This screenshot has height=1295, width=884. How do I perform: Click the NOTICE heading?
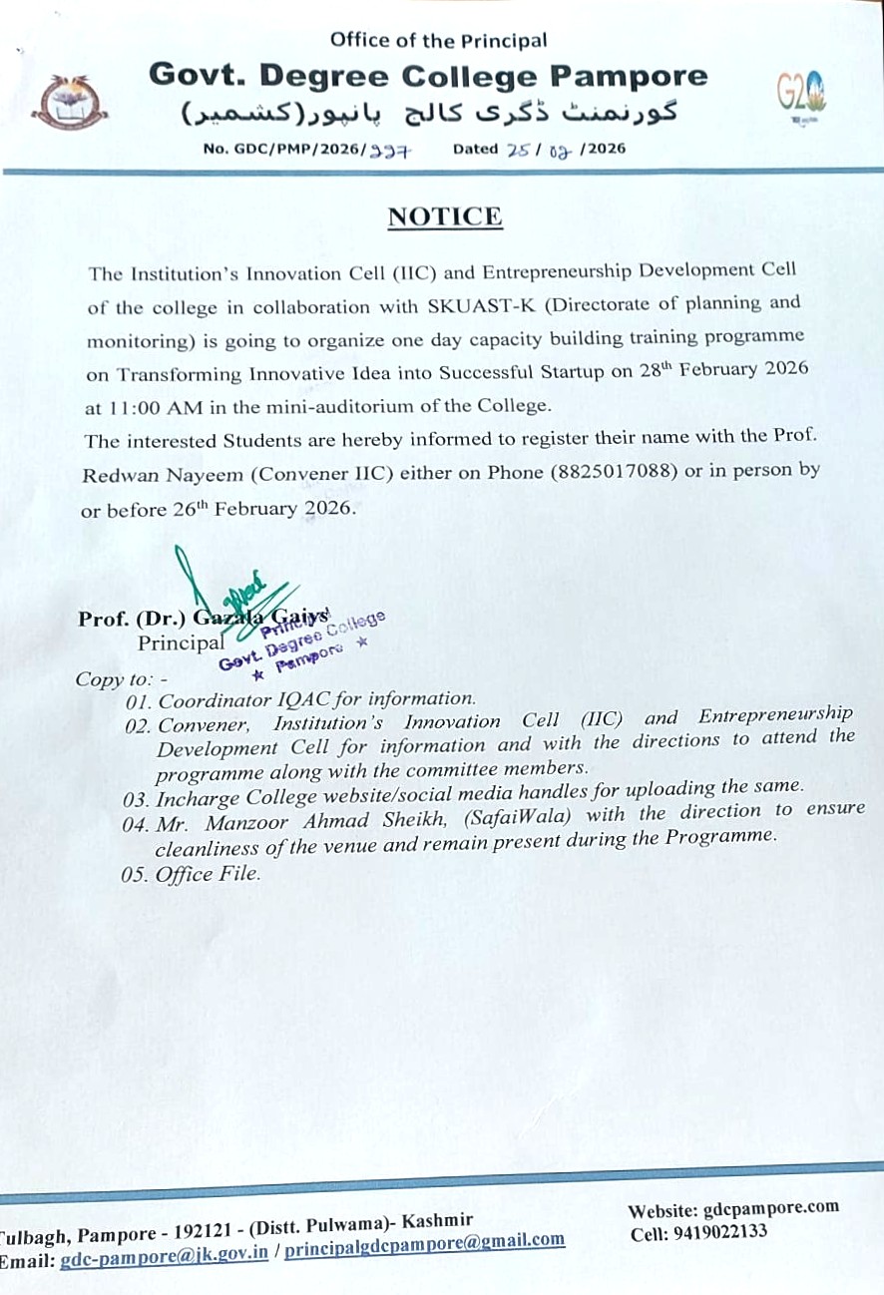[444, 216]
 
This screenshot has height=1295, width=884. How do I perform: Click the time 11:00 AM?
[148, 407]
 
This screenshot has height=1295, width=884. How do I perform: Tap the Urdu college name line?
[429, 111]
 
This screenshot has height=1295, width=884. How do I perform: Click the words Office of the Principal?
[438, 41]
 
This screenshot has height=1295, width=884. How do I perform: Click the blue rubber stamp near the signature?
[299, 640]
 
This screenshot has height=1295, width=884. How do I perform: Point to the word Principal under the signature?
[181, 643]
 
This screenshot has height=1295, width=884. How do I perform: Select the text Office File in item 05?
[208, 873]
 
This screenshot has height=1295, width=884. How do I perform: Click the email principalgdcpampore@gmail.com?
[424, 1241]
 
